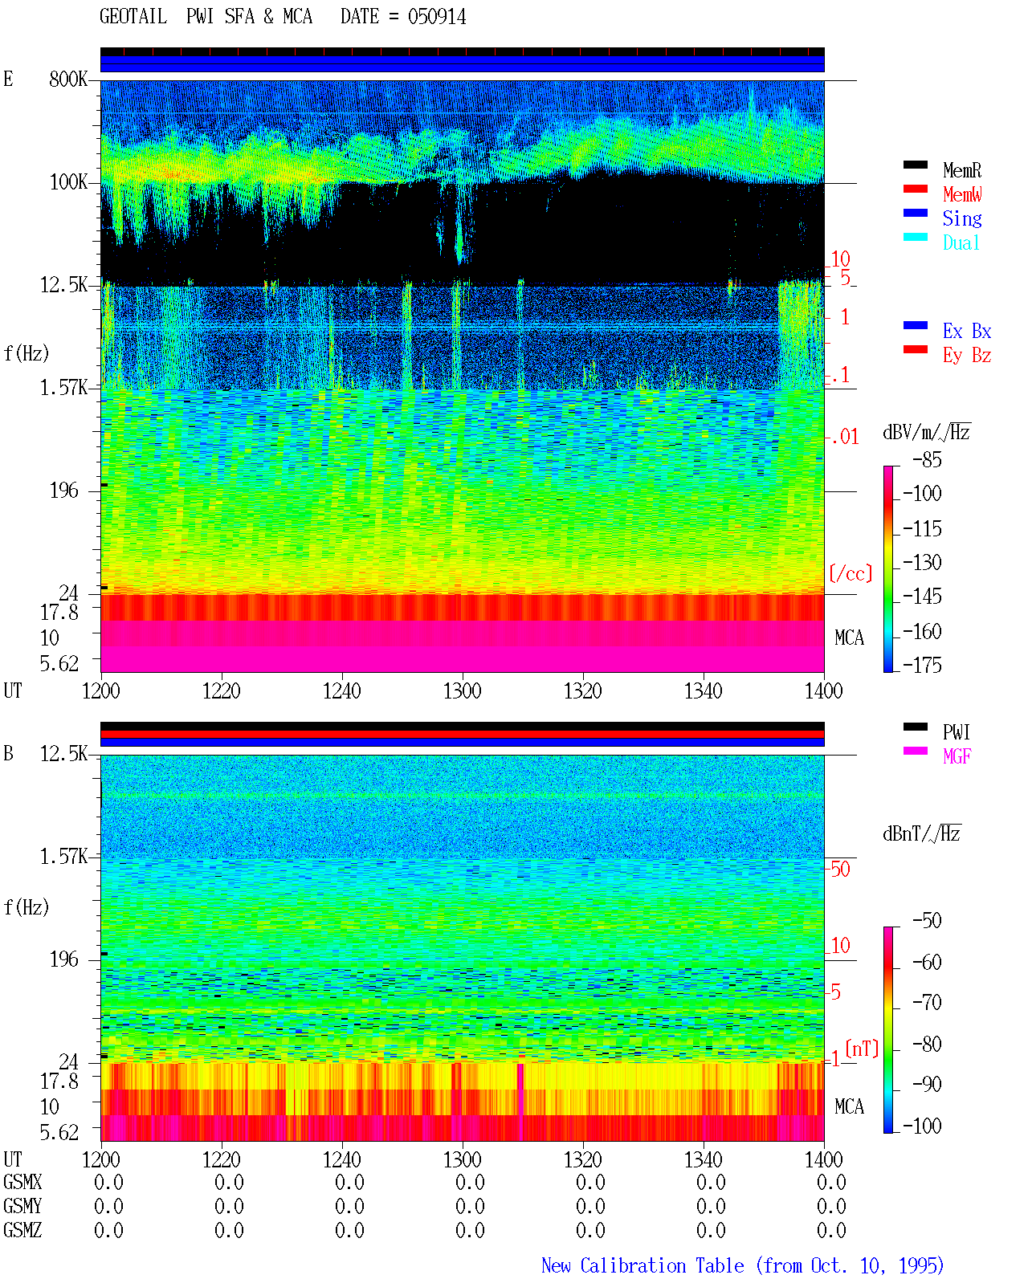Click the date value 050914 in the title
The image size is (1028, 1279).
tap(436, 17)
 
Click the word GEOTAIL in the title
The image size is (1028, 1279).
tap(133, 17)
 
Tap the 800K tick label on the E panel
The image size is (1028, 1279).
tap(68, 79)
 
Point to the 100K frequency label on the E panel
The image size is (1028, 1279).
tap(68, 182)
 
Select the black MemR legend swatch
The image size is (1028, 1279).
tap(915, 165)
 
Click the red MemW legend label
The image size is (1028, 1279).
tap(962, 193)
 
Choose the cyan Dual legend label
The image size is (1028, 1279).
tap(961, 242)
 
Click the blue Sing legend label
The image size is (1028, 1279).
tap(962, 218)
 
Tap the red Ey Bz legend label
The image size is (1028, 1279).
tap(967, 356)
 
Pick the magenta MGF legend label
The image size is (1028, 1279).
tap(957, 756)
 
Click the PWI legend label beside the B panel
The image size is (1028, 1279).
tap(956, 731)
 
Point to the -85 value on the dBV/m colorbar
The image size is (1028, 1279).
tap(927, 460)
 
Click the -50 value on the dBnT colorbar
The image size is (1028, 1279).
tap(927, 921)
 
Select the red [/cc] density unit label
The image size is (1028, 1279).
tap(851, 573)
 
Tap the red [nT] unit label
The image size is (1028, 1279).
tap(862, 1049)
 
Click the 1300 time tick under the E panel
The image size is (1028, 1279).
tap(462, 691)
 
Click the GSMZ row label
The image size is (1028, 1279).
tap(22, 1230)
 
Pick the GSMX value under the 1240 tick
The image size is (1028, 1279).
tap(349, 1182)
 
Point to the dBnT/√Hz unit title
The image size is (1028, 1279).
tap(921, 834)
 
